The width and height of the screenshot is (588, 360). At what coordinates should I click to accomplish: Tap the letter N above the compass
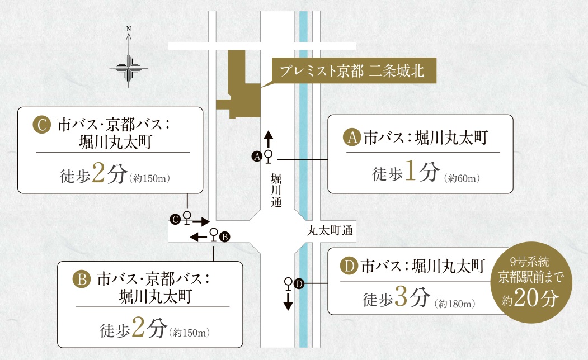[128, 28]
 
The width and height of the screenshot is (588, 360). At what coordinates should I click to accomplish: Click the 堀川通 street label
[275, 191]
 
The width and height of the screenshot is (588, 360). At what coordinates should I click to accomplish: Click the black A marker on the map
[257, 157]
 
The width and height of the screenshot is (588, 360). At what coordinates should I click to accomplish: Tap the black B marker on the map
[224, 237]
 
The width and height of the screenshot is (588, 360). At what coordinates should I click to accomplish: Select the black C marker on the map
[175, 220]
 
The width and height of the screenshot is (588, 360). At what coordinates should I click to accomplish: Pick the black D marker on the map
[298, 284]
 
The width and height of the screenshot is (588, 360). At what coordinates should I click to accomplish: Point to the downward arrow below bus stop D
[288, 301]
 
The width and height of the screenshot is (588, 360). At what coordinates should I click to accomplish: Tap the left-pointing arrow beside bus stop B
[198, 238]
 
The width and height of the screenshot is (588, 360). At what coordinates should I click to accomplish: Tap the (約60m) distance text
[462, 178]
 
